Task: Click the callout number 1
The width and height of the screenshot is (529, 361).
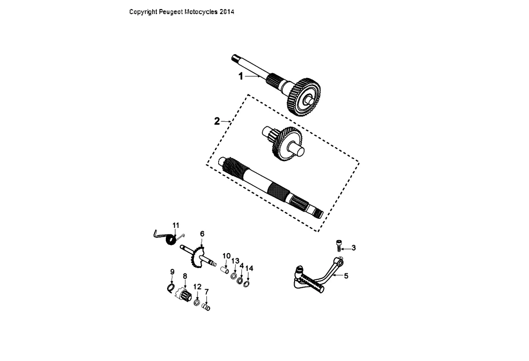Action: [x=241, y=76]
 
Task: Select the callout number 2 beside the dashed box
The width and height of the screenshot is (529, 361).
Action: [x=217, y=121]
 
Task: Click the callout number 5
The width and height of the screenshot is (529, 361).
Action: [x=346, y=276]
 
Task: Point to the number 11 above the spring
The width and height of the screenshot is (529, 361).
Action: [x=176, y=225]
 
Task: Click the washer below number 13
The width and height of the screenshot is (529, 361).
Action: [x=234, y=276]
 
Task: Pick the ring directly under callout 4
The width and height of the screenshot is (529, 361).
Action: [x=240, y=279]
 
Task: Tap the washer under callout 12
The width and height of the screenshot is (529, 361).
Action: [x=197, y=302]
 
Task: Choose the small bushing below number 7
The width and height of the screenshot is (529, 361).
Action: [x=206, y=307]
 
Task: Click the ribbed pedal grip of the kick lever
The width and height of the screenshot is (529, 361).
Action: [x=312, y=282]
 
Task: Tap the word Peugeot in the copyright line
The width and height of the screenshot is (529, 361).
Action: [x=171, y=12]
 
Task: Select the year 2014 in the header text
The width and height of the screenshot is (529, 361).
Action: [x=227, y=12]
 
